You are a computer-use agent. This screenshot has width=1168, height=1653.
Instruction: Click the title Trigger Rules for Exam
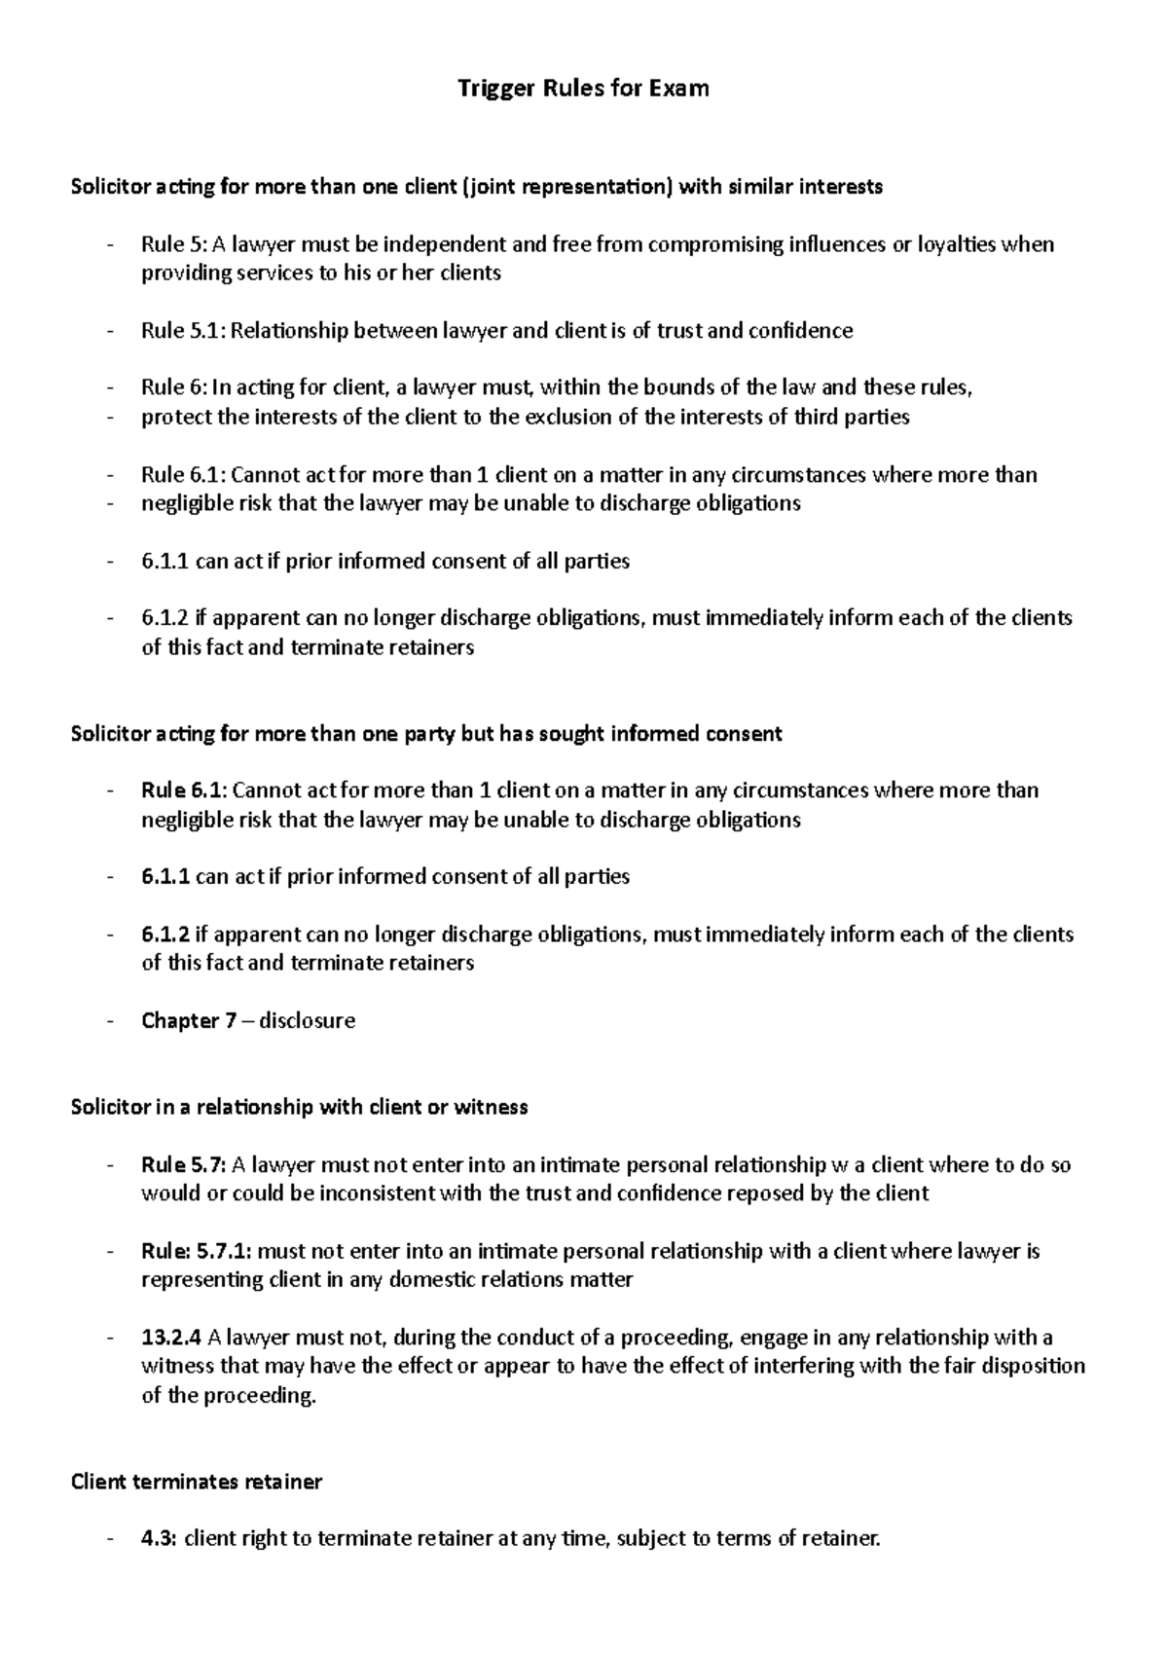(x=583, y=89)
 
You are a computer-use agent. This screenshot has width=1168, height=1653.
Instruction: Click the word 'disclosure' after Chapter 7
(x=307, y=1020)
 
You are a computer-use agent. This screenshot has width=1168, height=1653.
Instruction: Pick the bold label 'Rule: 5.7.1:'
(x=196, y=1251)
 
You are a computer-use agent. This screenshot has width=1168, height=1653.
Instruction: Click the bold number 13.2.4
(x=171, y=1338)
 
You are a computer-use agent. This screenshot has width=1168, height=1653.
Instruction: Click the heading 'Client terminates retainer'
(x=196, y=1482)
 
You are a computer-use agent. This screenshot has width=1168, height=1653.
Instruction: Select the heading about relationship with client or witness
(x=299, y=1107)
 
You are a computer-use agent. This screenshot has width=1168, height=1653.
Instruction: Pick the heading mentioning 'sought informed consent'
(x=425, y=733)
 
